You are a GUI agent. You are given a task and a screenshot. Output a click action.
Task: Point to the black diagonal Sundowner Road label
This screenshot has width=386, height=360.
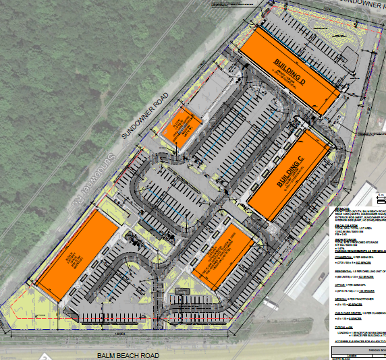[x=144, y=117]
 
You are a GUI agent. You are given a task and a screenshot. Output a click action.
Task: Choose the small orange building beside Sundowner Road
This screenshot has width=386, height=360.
[x=178, y=129]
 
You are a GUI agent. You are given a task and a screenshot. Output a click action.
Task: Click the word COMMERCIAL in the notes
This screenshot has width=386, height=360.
[x=342, y=257]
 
